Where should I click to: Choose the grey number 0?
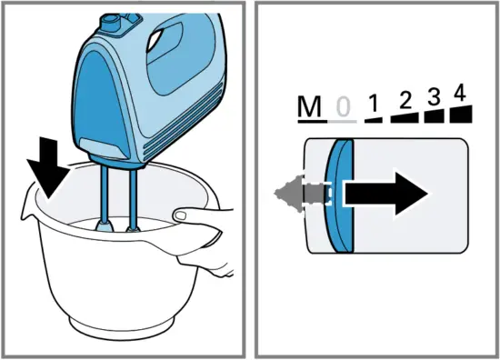click(x=343, y=109)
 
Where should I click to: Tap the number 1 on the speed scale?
click(x=371, y=106)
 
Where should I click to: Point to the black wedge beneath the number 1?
click(x=373, y=121)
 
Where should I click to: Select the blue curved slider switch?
click(x=339, y=195)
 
